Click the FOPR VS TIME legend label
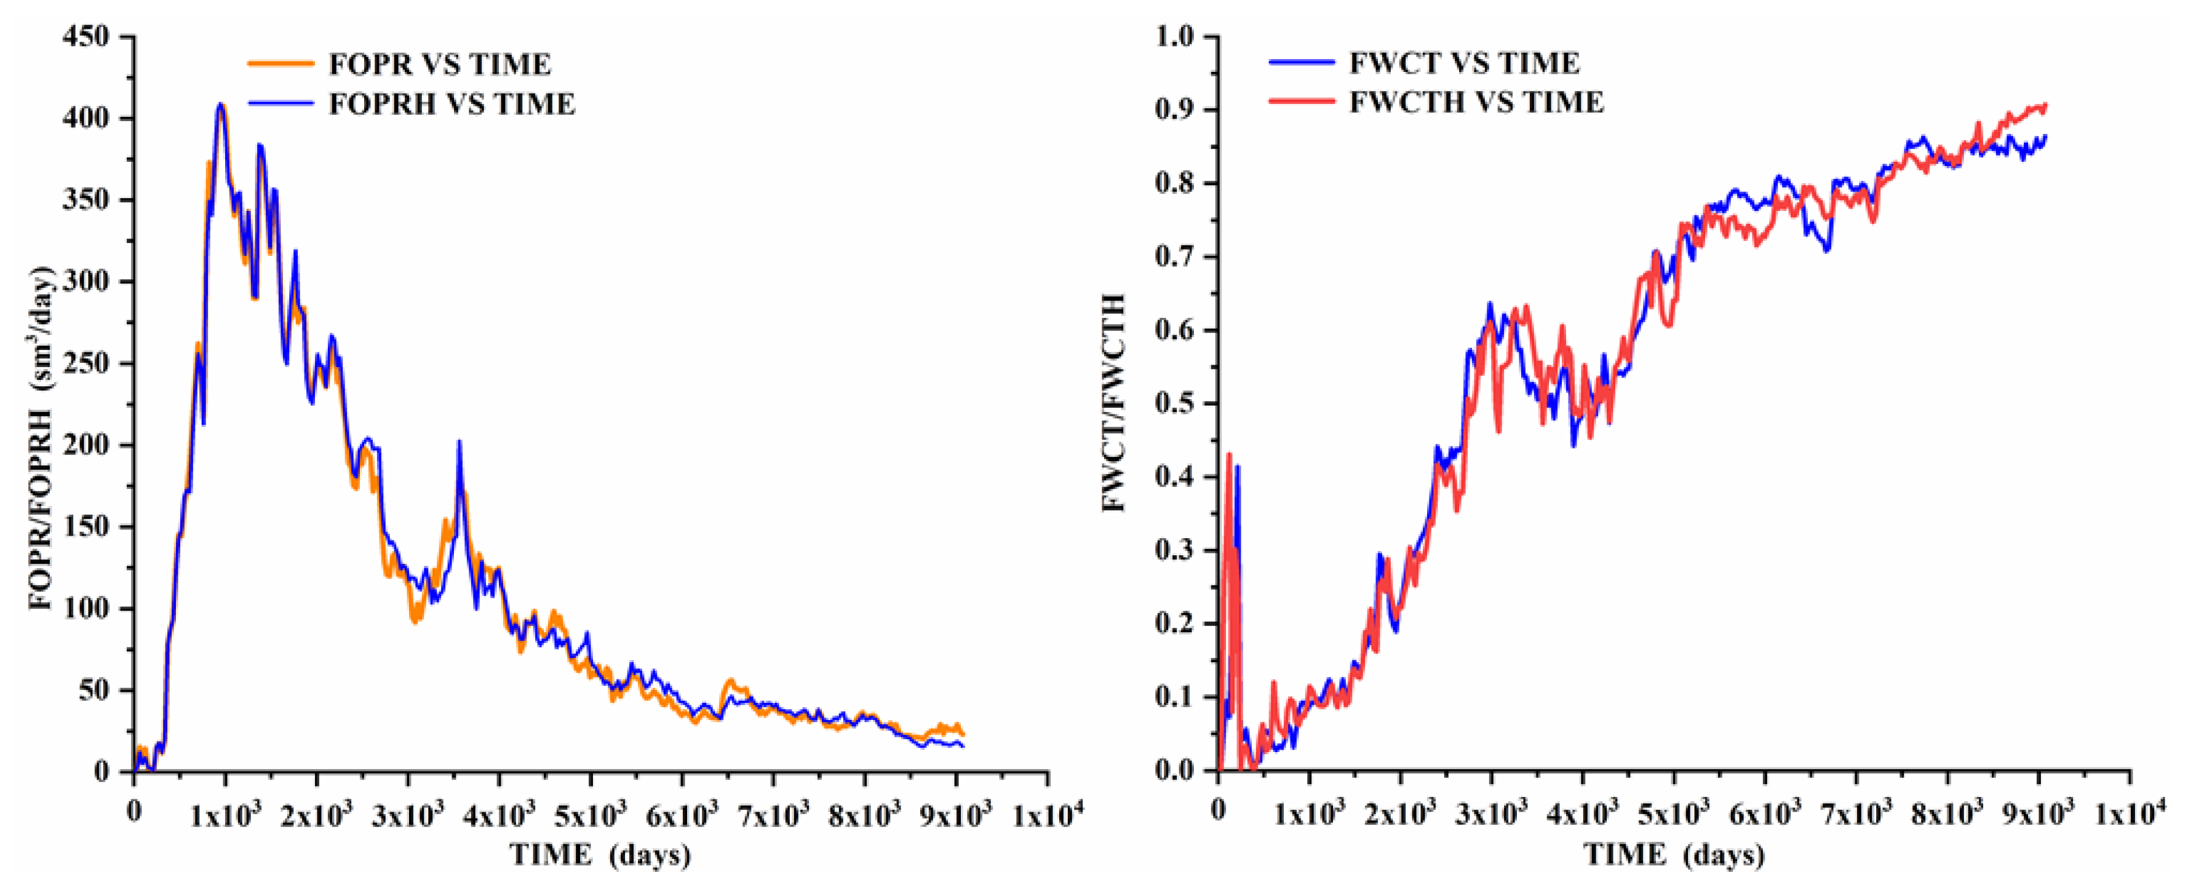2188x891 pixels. point(439,65)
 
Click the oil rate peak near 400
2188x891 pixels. point(221,105)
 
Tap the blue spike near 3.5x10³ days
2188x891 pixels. point(459,442)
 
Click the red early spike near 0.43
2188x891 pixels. point(1229,454)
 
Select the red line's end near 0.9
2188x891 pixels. point(2045,129)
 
